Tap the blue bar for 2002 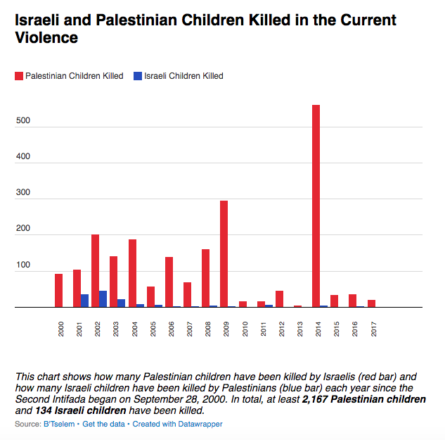tap(103, 298)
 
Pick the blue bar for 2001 tap(84, 301)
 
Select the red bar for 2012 tap(279, 298)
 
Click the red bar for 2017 tap(371, 303)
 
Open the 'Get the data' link tap(104, 425)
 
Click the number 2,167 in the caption tap(320, 399)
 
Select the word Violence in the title tap(46, 37)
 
